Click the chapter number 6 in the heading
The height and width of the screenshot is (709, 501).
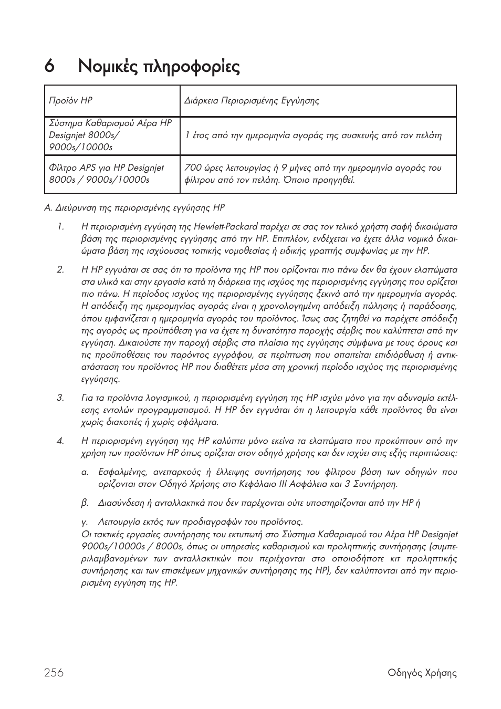point(49,67)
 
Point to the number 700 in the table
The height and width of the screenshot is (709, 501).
point(193,168)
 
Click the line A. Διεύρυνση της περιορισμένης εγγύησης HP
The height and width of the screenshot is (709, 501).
point(134,208)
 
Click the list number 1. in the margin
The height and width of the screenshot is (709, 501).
point(60,227)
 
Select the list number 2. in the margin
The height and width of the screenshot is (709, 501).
point(60,270)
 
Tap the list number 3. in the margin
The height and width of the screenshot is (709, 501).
point(60,398)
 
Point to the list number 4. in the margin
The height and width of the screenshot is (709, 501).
point(60,441)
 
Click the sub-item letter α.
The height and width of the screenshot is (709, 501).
point(84,472)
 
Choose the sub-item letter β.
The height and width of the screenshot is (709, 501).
point(84,503)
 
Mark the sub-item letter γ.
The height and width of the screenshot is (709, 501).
point(84,522)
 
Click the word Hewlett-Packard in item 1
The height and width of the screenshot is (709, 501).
point(226,227)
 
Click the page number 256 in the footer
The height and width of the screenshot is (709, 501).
point(54,673)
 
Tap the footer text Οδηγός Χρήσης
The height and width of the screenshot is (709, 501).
point(422,673)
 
